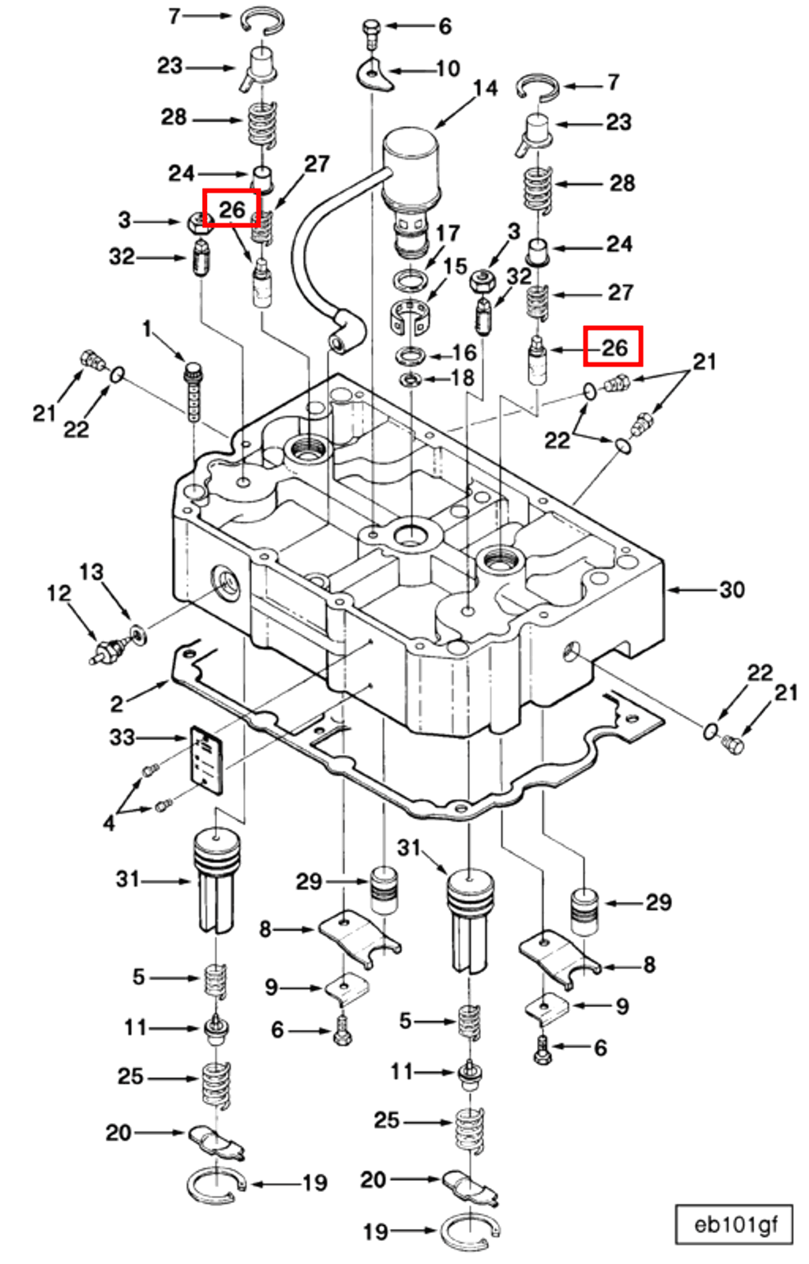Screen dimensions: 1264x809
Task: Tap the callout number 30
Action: pyautogui.click(x=732, y=590)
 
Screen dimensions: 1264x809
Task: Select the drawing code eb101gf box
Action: pyautogui.click(x=733, y=1225)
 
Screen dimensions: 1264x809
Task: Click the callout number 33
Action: pyautogui.click(x=122, y=738)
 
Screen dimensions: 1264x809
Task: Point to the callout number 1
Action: pyautogui.click(x=147, y=330)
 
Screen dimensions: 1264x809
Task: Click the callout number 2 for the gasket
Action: pyautogui.click(x=117, y=704)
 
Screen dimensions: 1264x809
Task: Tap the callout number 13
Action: pyautogui.click(x=91, y=573)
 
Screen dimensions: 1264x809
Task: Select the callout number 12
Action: pyautogui.click(x=58, y=594)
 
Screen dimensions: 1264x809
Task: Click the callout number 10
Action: pyautogui.click(x=448, y=69)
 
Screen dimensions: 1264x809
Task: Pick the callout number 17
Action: pyautogui.click(x=447, y=234)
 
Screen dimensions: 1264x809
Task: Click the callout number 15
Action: pyautogui.click(x=455, y=267)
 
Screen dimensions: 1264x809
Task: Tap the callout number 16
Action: pyautogui.click(x=464, y=353)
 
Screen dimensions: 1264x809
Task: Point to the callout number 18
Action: pyautogui.click(x=463, y=378)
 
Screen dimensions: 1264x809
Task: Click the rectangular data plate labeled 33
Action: pyautogui.click(x=207, y=760)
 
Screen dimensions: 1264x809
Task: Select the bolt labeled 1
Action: pyautogui.click(x=193, y=391)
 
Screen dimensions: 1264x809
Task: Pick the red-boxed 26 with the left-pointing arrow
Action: pyautogui.click(x=613, y=346)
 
